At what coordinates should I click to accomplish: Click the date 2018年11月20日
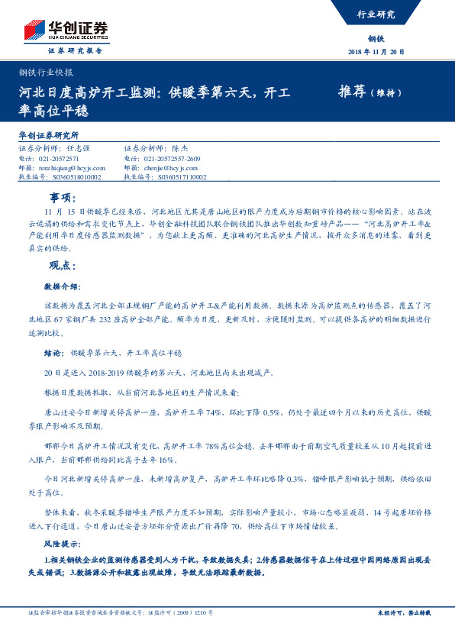pos(375,52)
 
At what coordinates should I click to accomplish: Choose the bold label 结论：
pos(53,354)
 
